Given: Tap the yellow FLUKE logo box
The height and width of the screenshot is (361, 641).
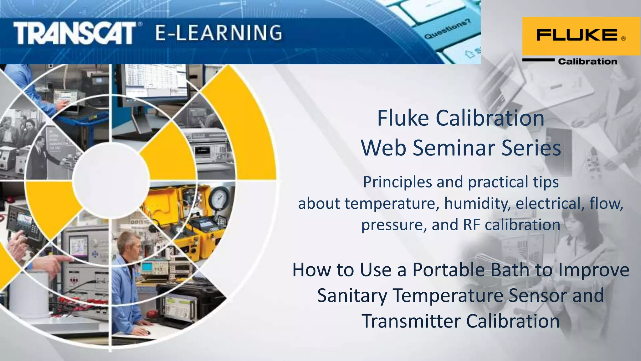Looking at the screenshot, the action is tap(581, 36).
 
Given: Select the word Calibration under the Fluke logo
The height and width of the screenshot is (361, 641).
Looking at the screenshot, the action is tap(587, 61).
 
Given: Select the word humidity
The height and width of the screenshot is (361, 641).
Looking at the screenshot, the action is tap(477, 203).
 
